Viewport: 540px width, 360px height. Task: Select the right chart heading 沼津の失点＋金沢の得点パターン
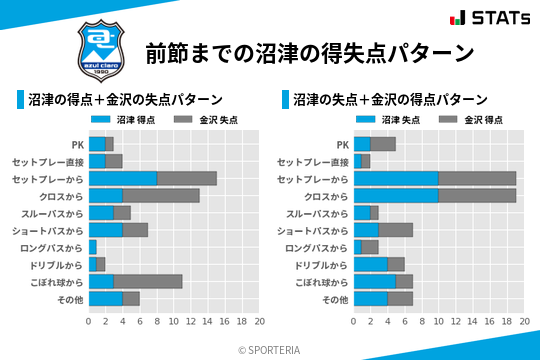390,100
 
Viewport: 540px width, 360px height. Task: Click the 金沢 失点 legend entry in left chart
201,120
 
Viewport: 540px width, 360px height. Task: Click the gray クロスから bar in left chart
161,195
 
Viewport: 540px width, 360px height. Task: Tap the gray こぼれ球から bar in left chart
148,282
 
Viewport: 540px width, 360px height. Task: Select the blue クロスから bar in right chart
396,195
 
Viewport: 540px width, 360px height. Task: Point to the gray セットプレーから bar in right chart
477,178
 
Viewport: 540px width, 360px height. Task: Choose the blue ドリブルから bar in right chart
371,265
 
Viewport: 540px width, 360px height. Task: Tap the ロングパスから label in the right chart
317,247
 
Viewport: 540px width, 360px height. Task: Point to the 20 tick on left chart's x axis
259,323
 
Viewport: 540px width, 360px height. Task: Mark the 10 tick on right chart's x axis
439,323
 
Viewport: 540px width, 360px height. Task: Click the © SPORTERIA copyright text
270,349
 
